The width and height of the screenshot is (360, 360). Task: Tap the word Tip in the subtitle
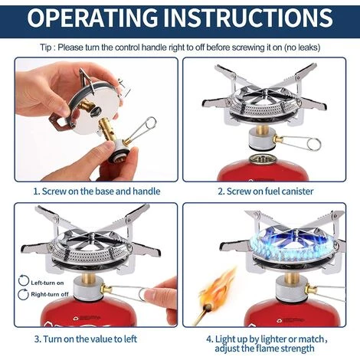pyautogui.click(x=45, y=47)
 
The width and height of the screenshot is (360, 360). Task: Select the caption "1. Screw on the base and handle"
pyautogui.click(x=97, y=191)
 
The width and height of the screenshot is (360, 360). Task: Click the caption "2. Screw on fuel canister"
pyautogui.click(x=266, y=191)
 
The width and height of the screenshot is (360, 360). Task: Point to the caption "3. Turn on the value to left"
pyautogui.click(x=86, y=339)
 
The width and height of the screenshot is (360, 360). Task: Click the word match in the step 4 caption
pyautogui.click(x=311, y=339)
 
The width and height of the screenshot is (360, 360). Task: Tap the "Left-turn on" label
pyautogui.click(x=47, y=283)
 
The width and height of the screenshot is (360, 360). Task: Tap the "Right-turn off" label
pyautogui.click(x=50, y=294)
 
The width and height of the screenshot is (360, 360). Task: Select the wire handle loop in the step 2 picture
pyautogui.click(x=314, y=144)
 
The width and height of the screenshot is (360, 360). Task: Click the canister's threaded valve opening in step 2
pyautogui.click(x=261, y=159)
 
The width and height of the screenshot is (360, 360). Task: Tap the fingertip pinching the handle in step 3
pyautogui.click(x=155, y=293)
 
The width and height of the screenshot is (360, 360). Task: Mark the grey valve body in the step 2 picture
pyautogui.click(x=261, y=139)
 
